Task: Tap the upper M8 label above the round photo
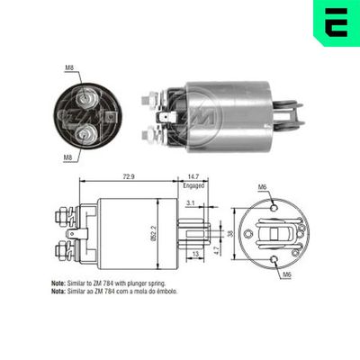pyautogui.click(x=69, y=67)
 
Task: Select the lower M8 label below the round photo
pyautogui.click(x=69, y=157)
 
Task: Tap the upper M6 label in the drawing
pyautogui.click(x=262, y=186)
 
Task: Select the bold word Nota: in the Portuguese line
pyautogui.click(x=60, y=292)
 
